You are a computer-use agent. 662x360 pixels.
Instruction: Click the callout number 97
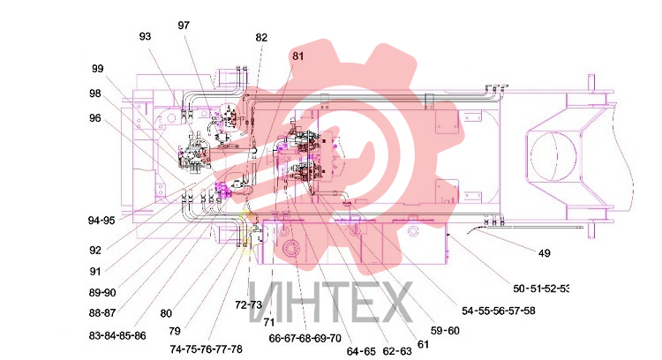pyautogui.click(x=184, y=26)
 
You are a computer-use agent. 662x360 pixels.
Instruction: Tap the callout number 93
pyautogui.click(x=145, y=36)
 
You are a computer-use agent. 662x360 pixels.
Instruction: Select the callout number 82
pyautogui.click(x=261, y=38)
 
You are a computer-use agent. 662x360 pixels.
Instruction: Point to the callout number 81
pyautogui.click(x=297, y=56)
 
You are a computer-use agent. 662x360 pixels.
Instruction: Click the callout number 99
pyautogui.click(x=97, y=68)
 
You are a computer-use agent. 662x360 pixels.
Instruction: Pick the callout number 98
pyautogui.click(x=95, y=94)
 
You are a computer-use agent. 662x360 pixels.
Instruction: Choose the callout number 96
pyautogui.click(x=95, y=118)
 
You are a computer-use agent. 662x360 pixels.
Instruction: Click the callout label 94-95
pyautogui.click(x=102, y=221)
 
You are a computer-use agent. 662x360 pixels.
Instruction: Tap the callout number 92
pyautogui.click(x=95, y=251)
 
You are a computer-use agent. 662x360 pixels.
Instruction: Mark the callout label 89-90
pyautogui.click(x=102, y=292)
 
